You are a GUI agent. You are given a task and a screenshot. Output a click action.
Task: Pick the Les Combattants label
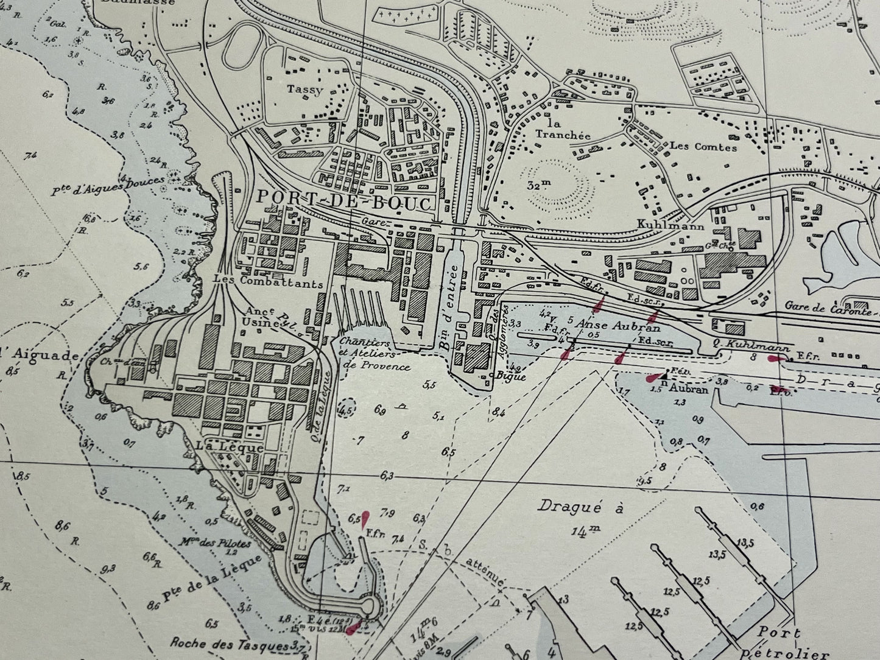point(267,282)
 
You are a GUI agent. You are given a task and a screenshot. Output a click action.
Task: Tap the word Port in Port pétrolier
point(779,633)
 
